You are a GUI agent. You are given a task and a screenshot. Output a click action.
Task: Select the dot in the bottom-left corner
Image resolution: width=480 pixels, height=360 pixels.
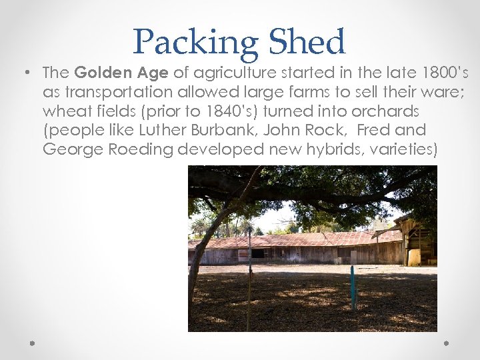(32, 343)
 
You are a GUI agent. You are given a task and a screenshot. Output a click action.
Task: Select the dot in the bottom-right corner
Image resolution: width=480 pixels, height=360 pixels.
(447, 343)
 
